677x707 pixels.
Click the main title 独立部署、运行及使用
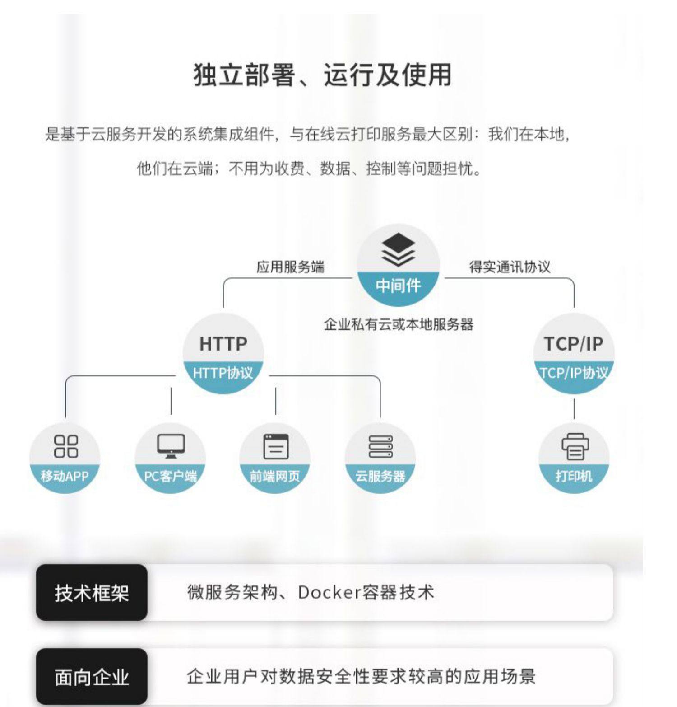point(322,75)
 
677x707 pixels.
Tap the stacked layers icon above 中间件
point(398,250)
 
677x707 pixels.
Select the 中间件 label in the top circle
point(398,286)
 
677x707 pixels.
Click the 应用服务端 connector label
point(290,267)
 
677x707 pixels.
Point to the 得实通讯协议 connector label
point(510,267)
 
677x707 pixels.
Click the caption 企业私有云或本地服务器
point(398,324)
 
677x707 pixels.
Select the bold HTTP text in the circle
point(223,344)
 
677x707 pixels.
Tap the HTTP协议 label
point(223,373)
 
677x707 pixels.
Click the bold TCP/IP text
point(573,344)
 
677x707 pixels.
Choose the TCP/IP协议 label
point(574,373)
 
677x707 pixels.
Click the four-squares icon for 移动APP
point(65,446)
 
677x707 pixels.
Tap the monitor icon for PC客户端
point(171,446)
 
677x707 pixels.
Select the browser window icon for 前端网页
point(275,446)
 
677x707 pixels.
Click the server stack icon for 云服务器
point(380,446)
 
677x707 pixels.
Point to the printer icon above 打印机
point(575,446)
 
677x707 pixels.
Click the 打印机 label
point(574,476)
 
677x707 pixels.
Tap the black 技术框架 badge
point(92,593)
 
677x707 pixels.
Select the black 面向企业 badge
point(92,677)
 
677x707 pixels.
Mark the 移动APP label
point(65,476)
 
